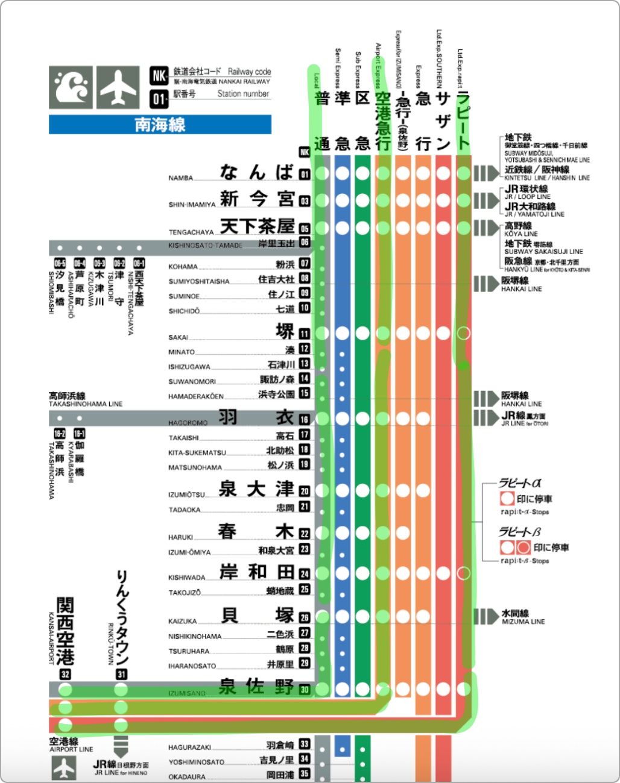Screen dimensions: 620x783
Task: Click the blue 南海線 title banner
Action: pos(160,125)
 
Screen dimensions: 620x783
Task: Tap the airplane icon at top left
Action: pos(118,88)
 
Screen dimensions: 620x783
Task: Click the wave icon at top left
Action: pos(71,88)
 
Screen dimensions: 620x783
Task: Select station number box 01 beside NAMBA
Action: pos(305,175)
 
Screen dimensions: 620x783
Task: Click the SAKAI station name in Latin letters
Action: pos(178,337)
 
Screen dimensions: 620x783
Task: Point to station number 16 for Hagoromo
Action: pos(305,419)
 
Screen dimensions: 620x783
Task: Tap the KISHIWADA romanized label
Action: pos(187,578)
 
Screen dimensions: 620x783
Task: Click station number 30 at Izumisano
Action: pos(305,690)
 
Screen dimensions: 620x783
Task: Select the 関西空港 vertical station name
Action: pos(65,631)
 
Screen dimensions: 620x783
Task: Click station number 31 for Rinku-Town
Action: pos(121,675)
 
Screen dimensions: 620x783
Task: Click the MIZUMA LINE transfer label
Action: pos(523,621)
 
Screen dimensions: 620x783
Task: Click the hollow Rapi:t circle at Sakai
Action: pos(463,332)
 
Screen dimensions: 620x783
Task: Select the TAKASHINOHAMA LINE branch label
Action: pos(85,404)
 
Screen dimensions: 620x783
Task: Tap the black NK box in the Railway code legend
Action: pos(159,76)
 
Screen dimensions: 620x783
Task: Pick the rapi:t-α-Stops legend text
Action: pos(524,512)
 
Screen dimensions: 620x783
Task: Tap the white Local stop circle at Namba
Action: pos(323,173)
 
